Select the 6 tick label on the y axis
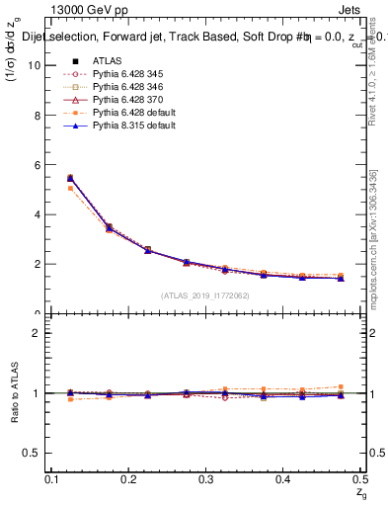[x=38, y=164]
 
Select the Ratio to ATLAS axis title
[x=14, y=392]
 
